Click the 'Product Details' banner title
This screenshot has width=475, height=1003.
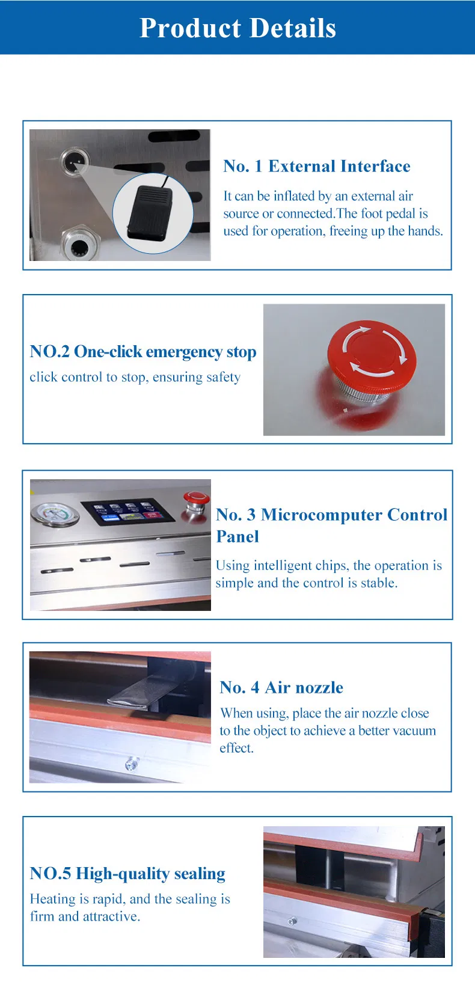(x=237, y=28)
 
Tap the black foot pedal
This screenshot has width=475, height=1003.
(x=150, y=213)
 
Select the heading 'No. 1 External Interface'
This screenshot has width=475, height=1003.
(x=316, y=166)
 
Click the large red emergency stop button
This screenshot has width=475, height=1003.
(x=372, y=356)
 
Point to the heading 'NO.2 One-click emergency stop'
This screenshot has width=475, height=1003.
(x=143, y=352)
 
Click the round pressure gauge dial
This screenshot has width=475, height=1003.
(x=55, y=515)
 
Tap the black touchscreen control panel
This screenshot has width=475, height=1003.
(x=128, y=512)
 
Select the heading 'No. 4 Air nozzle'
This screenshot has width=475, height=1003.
(x=281, y=687)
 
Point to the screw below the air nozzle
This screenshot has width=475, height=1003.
(x=132, y=762)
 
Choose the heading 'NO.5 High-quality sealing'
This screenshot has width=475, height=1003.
(x=127, y=874)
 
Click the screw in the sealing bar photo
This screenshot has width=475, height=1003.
(x=292, y=921)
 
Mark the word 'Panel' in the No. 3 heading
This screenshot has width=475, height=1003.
(x=237, y=536)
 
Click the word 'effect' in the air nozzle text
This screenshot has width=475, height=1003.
(x=236, y=748)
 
